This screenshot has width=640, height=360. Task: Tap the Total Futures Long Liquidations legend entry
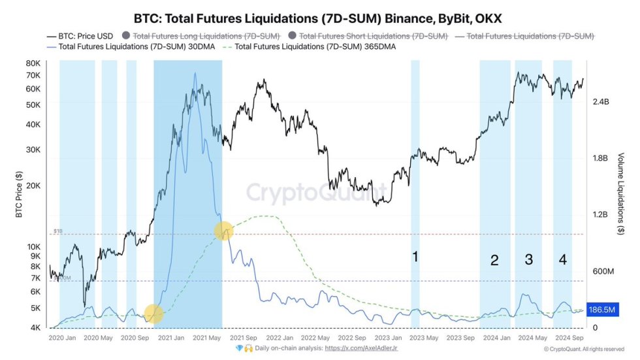point(205,35)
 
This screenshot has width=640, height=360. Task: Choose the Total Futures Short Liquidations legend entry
point(373,35)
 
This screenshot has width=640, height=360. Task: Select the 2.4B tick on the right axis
point(601,102)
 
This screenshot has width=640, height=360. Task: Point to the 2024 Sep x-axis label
point(568,338)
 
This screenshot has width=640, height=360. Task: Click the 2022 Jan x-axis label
point(273,338)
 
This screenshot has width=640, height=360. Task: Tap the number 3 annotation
point(528,259)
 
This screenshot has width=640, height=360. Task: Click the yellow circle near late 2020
point(153,314)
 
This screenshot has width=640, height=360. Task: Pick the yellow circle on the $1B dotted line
point(224,231)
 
